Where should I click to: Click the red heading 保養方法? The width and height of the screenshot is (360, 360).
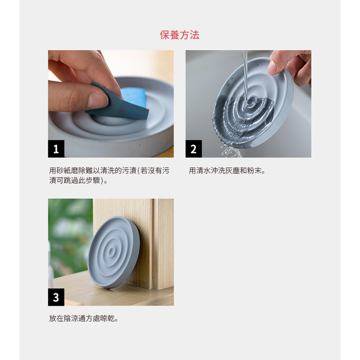[180, 35]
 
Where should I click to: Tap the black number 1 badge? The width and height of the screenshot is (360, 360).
[56, 149]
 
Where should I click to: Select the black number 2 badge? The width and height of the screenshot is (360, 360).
[194, 149]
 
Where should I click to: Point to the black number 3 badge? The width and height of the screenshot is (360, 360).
[56, 297]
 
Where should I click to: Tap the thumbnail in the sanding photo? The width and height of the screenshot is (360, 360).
[98, 100]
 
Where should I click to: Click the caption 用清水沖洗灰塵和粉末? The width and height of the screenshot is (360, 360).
[227, 171]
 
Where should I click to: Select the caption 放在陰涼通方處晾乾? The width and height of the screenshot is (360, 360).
[84, 318]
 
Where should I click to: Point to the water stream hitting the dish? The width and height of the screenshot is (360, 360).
[246, 76]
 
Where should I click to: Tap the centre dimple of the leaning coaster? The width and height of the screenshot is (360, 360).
[112, 252]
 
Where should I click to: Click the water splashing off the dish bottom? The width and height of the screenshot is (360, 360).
[230, 150]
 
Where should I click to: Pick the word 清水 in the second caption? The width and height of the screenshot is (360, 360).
[200, 171]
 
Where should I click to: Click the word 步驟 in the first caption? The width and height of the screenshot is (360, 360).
[93, 180]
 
